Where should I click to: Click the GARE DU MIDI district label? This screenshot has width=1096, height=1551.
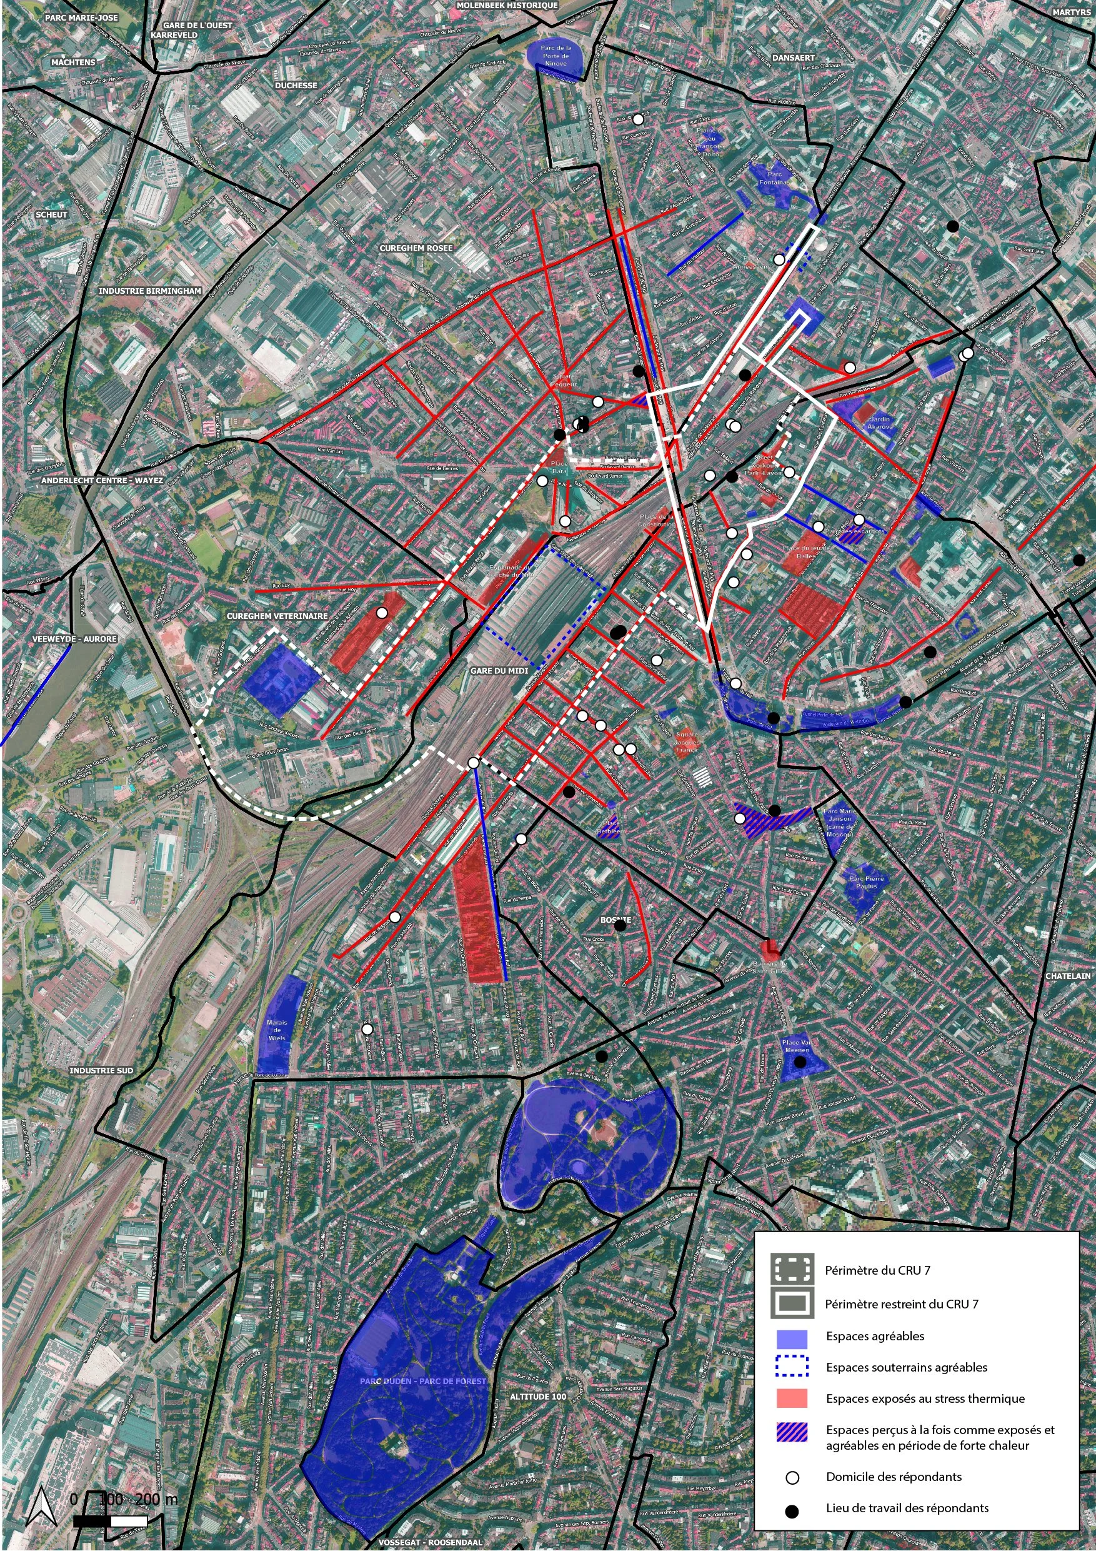pos(499,671)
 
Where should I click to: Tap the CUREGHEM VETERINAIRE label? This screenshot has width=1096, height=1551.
pos(277,616)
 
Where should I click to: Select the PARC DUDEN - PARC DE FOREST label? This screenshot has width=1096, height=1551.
pos(423,1382)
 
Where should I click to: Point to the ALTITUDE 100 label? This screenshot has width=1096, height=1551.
pos(537,1397)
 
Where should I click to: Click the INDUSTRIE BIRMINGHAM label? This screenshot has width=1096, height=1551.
pos(150,291)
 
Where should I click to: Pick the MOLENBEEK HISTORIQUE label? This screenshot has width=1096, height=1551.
pos(507,6)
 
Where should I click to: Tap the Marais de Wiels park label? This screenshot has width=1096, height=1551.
pos(277,1030)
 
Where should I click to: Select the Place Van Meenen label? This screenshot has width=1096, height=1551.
pos(797,1046)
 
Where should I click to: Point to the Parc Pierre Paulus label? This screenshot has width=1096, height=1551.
pos(867,882)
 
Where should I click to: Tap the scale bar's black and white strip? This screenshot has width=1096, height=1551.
pos(110,1521)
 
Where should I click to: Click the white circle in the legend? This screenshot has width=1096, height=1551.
pos(792,1478)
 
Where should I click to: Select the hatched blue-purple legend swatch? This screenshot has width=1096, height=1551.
pos(792,1433)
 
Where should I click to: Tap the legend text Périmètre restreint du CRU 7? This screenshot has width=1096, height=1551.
pos(901,1304)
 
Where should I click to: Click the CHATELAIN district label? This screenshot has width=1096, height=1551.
pos(1068,976)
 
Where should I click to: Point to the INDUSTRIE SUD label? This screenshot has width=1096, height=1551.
pos(101,1071)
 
